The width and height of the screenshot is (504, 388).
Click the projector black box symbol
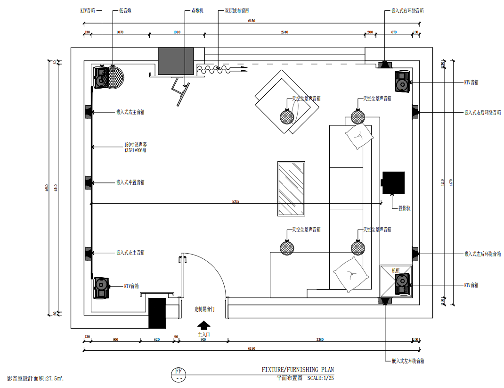click(x=393, y=183)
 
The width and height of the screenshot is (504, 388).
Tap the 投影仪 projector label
click(x=404, y=208)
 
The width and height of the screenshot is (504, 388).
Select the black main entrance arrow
click(x=203, y=325)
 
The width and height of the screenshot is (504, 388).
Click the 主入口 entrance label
click(x=203, y=334)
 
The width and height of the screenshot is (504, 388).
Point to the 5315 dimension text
click(x=236, y=201)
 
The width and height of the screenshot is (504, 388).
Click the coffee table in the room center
click(x=290, y=189)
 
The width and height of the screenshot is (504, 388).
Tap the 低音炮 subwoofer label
click(x=125, y=10)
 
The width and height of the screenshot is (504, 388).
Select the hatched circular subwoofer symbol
click(x=115, y=77)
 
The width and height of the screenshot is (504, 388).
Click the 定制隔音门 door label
click(x=205, y=309)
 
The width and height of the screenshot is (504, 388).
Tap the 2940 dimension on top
click(x=285, y=32)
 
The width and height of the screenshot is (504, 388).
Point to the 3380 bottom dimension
click(x=320, y=339)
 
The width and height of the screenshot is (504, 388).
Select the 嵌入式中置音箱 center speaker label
click(x=130, y=182)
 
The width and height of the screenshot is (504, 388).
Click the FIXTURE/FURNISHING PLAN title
click(x=298, y=370)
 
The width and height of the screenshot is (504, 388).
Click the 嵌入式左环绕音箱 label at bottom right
click(x=408, y=361)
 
